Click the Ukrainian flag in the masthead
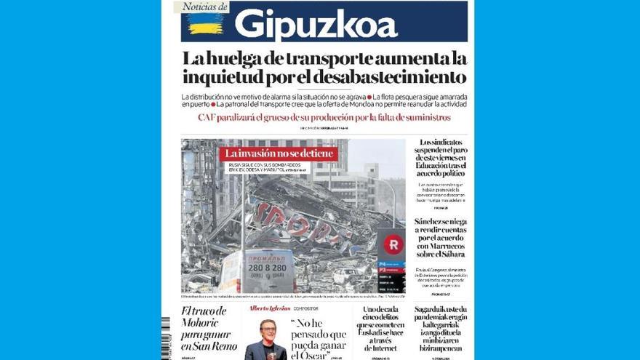(205, 24)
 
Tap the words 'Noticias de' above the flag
(204, 7)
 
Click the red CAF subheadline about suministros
(324, 117)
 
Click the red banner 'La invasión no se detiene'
(279, 153)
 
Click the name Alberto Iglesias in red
(270, 308)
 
